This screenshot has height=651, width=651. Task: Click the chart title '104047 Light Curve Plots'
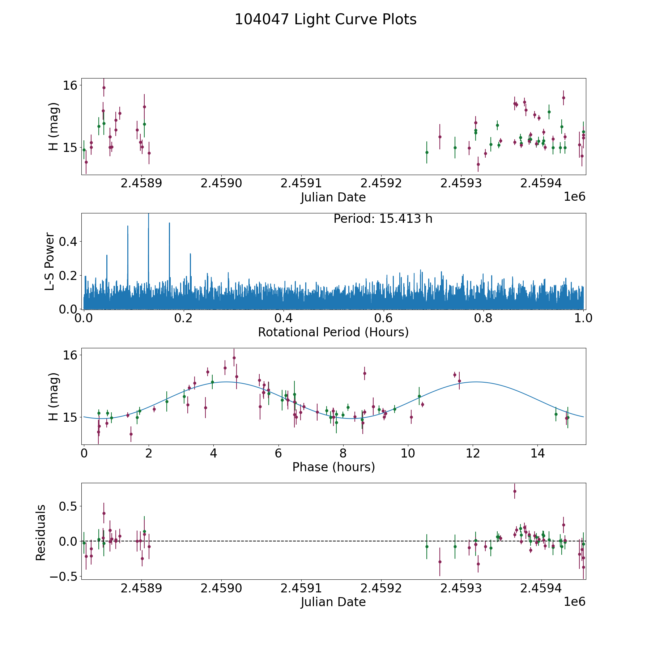point(325,20)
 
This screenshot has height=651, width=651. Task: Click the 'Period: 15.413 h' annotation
point(383,219)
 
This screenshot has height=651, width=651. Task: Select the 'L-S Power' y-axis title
point(50,261)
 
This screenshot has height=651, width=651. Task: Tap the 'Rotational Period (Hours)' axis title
point(333,332)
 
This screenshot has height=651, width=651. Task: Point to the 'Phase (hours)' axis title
point(333,467)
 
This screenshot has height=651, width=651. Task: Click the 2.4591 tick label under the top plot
point(301,183)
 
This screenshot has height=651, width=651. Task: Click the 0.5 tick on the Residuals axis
point(69,506)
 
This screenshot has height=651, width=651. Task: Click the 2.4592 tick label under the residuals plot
point(381,588)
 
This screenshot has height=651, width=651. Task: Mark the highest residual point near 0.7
point(515,491)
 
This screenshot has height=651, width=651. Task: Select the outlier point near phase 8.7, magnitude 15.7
point(365,373)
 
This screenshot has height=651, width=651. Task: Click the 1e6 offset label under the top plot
point(574,197)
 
